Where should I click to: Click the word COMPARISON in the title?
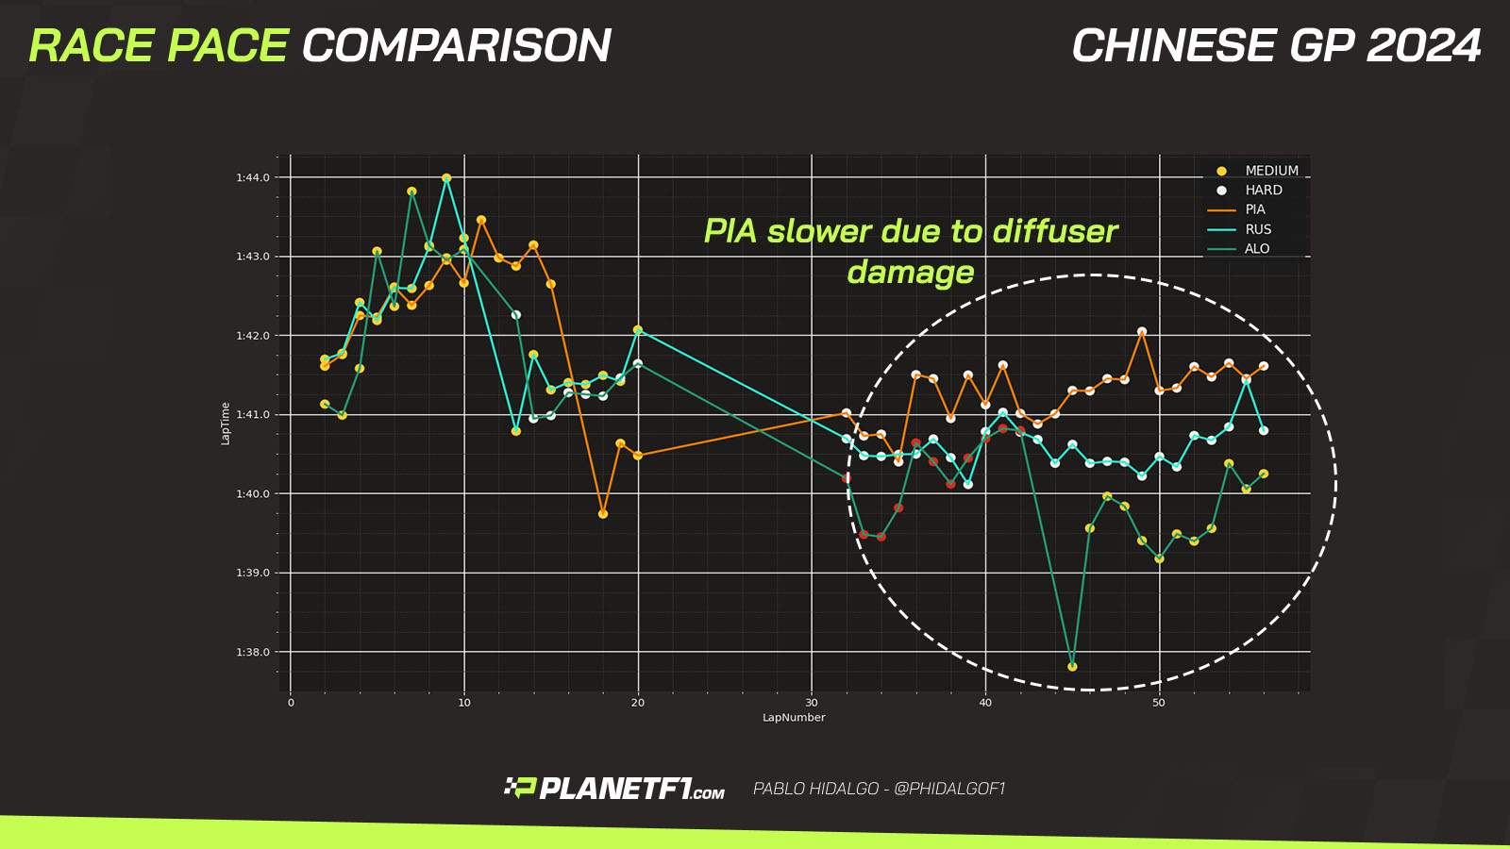point(457,46)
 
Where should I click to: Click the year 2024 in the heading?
point(1424,46)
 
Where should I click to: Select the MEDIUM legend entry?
point(1271,171)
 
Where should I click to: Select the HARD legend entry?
point(1263,191)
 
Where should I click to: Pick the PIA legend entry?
point(1254,209)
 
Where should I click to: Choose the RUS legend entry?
point(1257,229)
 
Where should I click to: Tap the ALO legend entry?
point(1256,249)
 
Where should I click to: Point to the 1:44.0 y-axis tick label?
point(253,178)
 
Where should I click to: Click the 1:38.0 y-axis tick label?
point(253,653)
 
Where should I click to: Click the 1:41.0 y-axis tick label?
point(253,415)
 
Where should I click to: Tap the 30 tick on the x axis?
point(812,703)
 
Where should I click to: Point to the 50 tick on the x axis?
point(1159,703)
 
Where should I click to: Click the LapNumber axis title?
point(794,718)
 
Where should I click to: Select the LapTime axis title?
point(226,423)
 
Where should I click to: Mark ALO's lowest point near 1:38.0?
point(1072,667)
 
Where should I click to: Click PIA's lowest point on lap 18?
point(603,514)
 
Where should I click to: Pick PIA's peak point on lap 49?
point(1142,332)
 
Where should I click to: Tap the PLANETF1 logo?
point(615,789)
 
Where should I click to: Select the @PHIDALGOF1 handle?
point(949,789)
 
